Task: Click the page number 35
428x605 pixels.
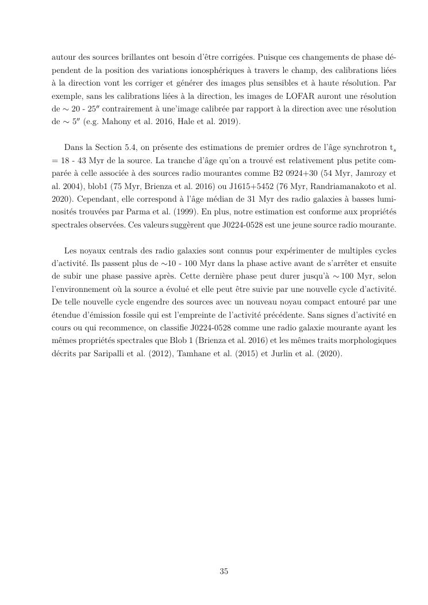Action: [223, 571]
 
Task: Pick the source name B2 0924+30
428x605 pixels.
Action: [309, 174]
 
